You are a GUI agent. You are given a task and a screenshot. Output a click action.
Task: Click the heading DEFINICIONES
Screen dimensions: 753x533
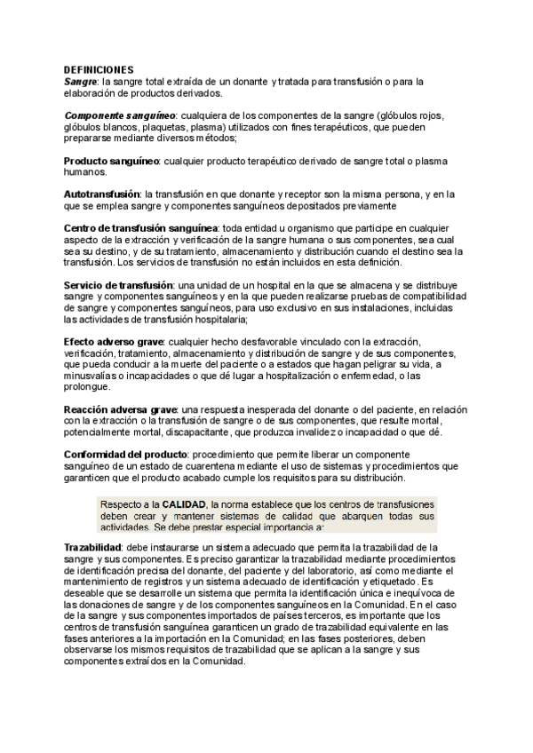click(x=99, y=69)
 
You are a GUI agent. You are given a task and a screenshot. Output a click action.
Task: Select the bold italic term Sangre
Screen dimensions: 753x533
click(x=80, y=81)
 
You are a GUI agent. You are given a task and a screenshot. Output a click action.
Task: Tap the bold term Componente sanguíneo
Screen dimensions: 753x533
click(x=120, y=115)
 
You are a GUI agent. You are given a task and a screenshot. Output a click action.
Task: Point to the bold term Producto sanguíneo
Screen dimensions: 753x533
click(x=111, y=161)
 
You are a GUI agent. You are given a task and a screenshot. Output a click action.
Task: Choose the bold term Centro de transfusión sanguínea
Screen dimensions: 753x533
click(x=140, y=228)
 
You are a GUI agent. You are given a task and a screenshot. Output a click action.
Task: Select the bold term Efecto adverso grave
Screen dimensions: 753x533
click(x=114, y=341)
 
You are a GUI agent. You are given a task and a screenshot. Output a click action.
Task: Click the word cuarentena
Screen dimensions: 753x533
click(x=226, y=465)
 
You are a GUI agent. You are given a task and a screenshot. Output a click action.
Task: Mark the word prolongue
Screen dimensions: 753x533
click(x=87, y=386)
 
